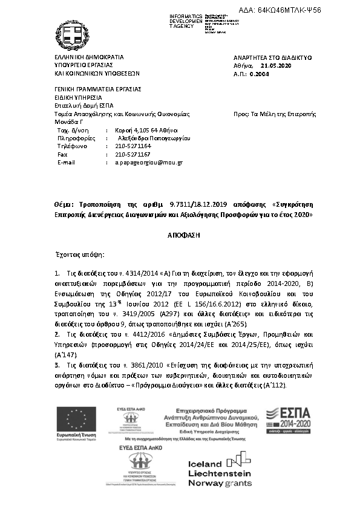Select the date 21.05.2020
pyautogui.click(x=276, y=65)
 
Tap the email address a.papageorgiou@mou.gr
pyautogui.click(x=149, y=163)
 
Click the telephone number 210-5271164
pyautogui.click(x=133, y=146)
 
